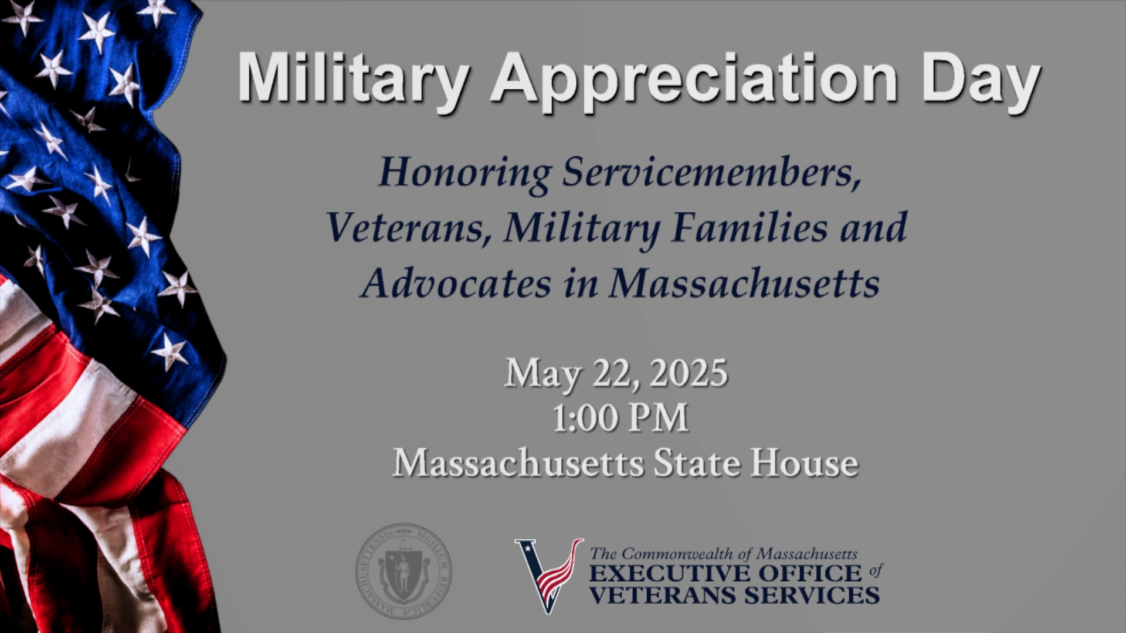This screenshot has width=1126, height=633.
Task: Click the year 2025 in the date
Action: click(x=689, y=373)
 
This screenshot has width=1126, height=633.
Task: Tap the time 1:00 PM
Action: click(x=620, y=418)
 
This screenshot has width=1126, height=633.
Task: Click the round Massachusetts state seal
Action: click(x=403, y=571)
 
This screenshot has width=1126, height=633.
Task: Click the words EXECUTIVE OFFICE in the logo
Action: click(x=725, y=573)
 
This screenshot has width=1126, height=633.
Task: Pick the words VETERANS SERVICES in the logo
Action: click(x=734, y=595)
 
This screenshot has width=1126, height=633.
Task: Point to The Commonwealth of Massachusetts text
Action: click(x=724, y=554)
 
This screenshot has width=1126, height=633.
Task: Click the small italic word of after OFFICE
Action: click(x=876, y=570)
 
